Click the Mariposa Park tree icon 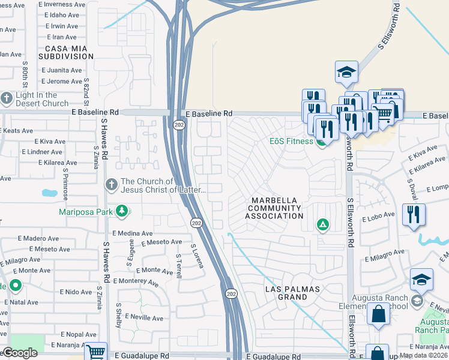pyautogui.click(x=122, y=211)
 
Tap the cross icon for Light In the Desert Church pyautogui.click(x=7, y=98)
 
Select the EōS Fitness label pyautogui.click(x=291, y=141)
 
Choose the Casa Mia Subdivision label pyautogui.click(x=66, y=52)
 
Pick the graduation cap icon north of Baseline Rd pyautogui.click(x=346, y=72)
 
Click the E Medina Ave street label pyautogui.click(x=132, y=233)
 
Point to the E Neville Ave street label pyautogui.click(x=142, y=318)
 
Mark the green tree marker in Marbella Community pyautogui.click(x=323, y=225)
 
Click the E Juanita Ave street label pyautogui.click(x=62, y=70)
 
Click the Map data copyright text pyautogui.click(x=423, y=355)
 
